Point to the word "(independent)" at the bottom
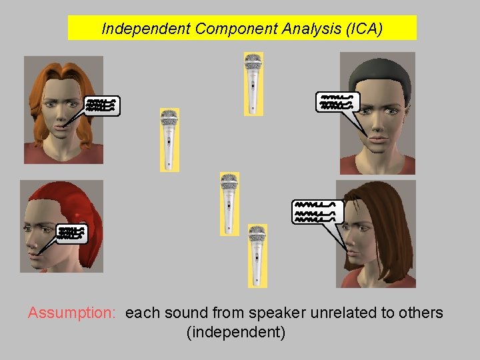tap(236, 332)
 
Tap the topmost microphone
tap(253, 83)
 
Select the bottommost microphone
tap(257, 255)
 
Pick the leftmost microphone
tap(169, 139)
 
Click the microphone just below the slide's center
tap(229, 203)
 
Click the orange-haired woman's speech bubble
tap(103, 105)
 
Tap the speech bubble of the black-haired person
tap(338, 102)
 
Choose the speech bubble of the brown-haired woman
tap(318, 211)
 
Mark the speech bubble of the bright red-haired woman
tap(71, 233)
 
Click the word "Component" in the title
tap(227, 29)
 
